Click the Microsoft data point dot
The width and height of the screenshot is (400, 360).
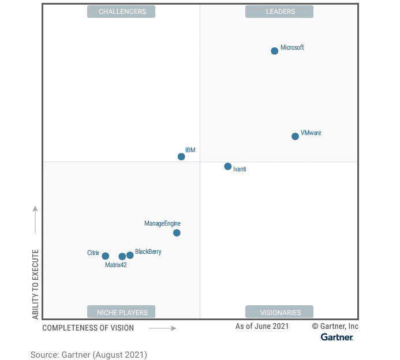coord(275,51)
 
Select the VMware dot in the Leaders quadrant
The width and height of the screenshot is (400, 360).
coord(296,136)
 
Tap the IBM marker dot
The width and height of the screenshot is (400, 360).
coord(181,156)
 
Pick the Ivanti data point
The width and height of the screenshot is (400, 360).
coord(228,167)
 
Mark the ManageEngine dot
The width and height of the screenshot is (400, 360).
coord(177,233)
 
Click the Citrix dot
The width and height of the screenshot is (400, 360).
coord(106,256)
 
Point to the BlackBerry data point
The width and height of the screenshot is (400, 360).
coord(130,256)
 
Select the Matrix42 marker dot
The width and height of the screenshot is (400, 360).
coord(122,257)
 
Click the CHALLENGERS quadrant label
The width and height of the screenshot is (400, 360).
coord(122,12)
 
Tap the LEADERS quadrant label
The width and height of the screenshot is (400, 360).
coord(279,12)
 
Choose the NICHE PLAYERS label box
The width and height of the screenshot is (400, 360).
coord(122,312)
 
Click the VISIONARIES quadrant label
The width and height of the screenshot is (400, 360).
coord(280,312)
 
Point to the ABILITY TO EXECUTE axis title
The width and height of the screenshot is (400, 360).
coord(35,284)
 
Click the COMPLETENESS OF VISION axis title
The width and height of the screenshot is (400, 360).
coord(88,328)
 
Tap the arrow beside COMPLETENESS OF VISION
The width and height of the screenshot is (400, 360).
coord(162,328)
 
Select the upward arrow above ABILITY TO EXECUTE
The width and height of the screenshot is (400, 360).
coord(35,219)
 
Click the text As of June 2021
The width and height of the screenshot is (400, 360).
coord(261,327)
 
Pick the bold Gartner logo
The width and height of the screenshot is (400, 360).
coord(337,336)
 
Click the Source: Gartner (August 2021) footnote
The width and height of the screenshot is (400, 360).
coord(89,355)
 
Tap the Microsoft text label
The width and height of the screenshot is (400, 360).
coord(292,47)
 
